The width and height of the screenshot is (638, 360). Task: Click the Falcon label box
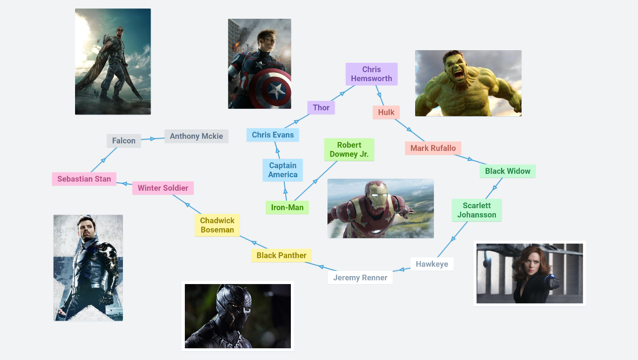coord(124,141)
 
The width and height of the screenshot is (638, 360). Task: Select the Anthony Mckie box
coord(196,136)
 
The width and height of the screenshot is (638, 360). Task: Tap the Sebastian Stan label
coord(84,179)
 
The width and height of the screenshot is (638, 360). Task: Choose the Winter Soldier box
coord(163,188)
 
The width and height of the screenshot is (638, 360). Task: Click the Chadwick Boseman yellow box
coord(217,225)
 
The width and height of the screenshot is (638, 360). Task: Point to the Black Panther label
coord(281,255)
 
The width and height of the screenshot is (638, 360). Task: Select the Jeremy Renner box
coord(360,277)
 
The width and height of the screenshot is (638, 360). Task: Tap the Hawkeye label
coord(432,264)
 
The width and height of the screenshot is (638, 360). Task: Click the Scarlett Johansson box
coord(477,210)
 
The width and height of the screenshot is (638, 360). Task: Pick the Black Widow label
coord(508,171)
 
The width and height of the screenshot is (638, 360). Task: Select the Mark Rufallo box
coord(433,148)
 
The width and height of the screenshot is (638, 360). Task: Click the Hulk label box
coord(386,112)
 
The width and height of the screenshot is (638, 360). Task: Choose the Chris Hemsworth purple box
coord(372,74)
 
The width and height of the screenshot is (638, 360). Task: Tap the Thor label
coord(321,108)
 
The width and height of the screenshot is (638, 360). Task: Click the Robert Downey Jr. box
coord(349,150)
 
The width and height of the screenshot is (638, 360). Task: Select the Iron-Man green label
coord(287,208)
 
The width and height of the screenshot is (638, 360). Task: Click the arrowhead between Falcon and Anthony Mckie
coord(152,139)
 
